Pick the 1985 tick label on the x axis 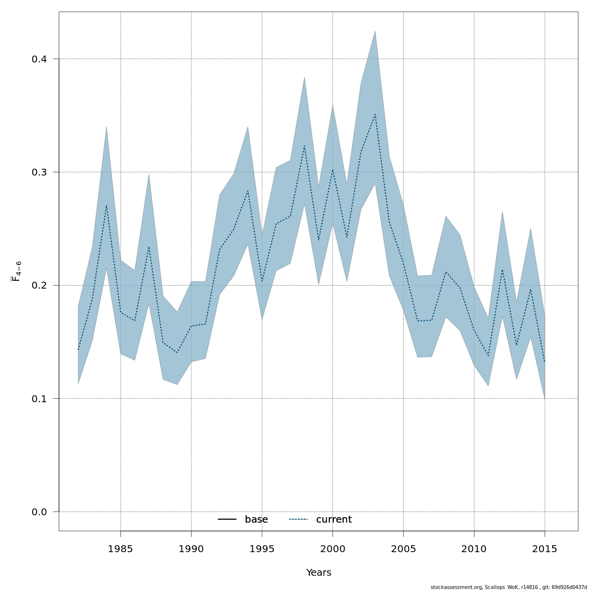coord(120,549)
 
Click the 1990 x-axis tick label coord(191,549)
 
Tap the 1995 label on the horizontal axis coord(262,549)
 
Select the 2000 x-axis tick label coord(333,549)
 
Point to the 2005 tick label coord(403,549)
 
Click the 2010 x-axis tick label coord(474,549)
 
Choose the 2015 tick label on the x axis coord(545,549)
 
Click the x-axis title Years coord(319,573)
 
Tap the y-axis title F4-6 coord(16,271)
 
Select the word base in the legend coord(256,520)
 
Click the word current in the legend coord(334,520)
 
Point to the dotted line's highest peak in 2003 coord(375,114)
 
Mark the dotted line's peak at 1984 coord(106,205)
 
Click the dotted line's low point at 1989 coord(177,353)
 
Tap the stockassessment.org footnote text coord(508,587)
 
